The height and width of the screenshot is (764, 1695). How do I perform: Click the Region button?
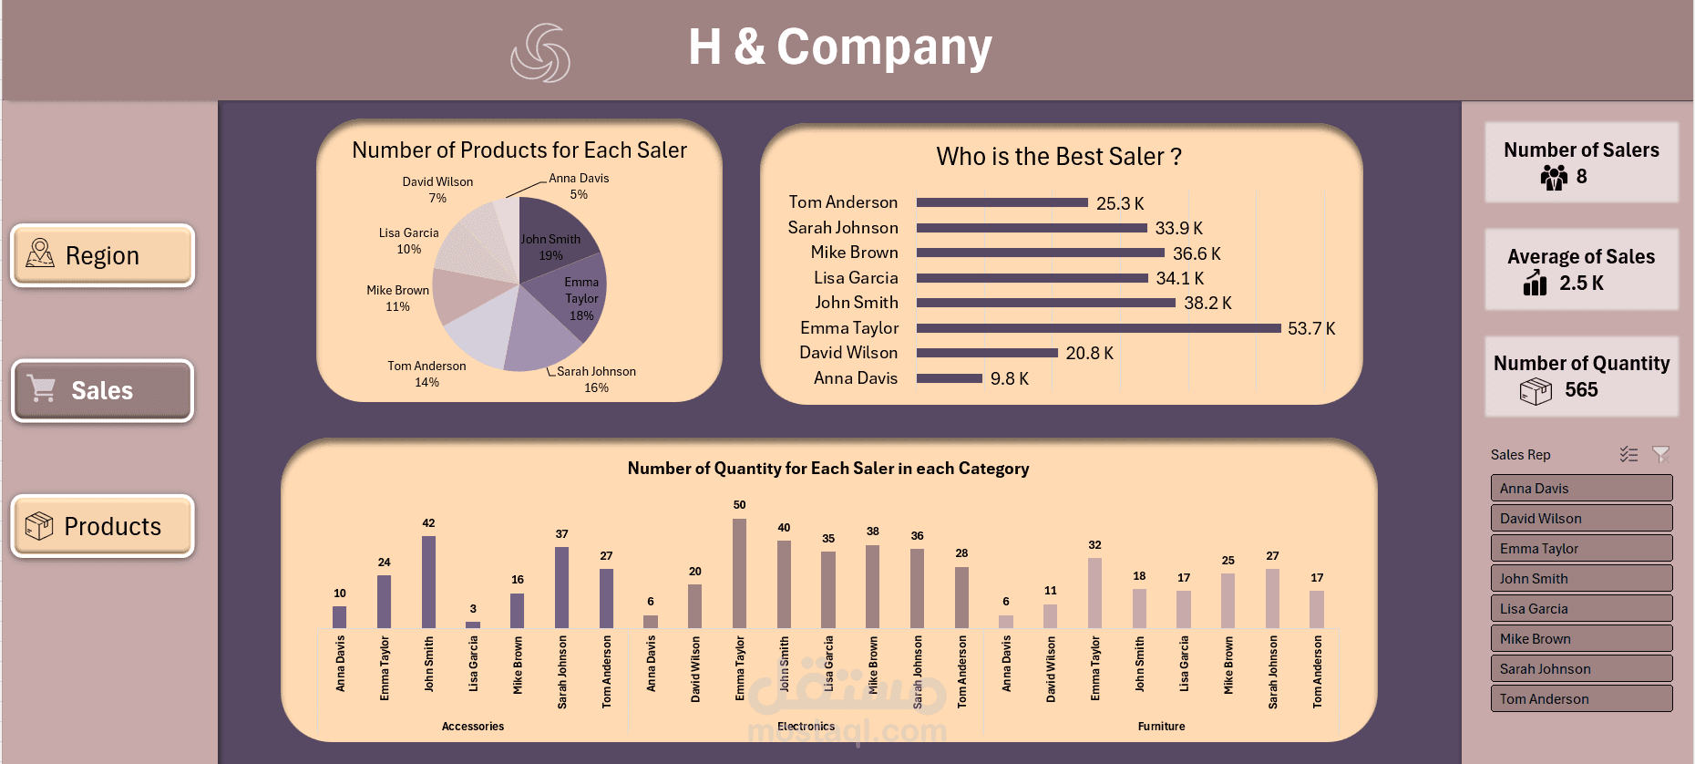click(x=102, y=255)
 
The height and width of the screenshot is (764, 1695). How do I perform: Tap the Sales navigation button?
click(x=102, y=390)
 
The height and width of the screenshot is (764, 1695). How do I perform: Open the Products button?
click(x=102, y=526)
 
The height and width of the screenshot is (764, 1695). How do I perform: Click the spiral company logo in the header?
click(x=540, y=52)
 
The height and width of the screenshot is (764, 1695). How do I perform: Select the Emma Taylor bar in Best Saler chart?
click(x=1098, y=328)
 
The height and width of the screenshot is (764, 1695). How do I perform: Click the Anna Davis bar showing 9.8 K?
click(x=949, y=378)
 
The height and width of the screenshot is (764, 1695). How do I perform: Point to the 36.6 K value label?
click(x=1197, y=253)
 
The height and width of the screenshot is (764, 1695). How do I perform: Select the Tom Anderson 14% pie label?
click(x=426, y=374)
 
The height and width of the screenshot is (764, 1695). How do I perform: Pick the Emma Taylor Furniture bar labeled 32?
click(x=1094, y=593)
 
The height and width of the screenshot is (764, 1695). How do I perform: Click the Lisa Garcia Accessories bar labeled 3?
click(x=473, y=625)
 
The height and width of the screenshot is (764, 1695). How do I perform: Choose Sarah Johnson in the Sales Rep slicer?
click(x=1581, y=668)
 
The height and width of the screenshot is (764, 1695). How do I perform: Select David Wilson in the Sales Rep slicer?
click(x=1581, y=518)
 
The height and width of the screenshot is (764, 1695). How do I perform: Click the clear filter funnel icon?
click(x=1660, y=454)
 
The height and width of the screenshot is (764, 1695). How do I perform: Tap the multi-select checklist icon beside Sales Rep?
click(x=1628, y=454)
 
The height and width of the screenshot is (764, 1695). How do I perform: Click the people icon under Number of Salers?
click(x=1554, y=177)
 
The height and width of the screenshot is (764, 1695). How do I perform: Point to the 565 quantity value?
click(x=1581, y=390)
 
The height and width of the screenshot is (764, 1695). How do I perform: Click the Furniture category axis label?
click(x=1161, y=727)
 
